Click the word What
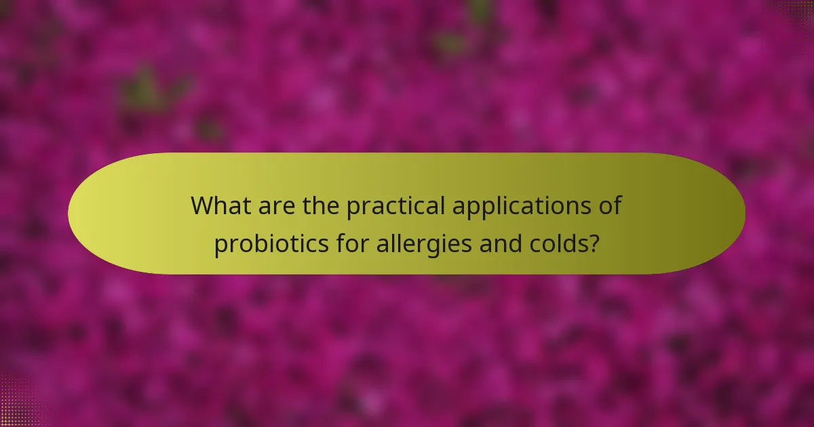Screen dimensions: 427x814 [x=219, y=205]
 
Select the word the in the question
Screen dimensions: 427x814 [x=321, y=205]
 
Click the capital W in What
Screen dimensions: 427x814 [x=201, y=205]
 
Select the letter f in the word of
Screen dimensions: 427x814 [x=617, y=205]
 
